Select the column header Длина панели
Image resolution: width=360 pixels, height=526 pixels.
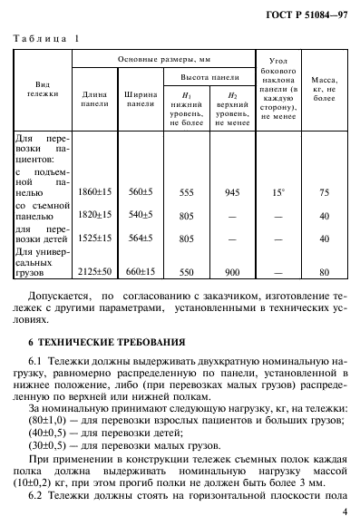95,98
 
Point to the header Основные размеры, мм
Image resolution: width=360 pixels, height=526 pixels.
162,59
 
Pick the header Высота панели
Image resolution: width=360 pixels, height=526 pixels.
209,78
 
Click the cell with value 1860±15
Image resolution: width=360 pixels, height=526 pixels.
95,192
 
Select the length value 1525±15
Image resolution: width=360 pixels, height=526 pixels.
95,239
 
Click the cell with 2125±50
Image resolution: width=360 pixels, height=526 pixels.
95,271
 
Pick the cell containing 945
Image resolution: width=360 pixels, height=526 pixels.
231,192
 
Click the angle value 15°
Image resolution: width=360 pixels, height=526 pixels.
278,192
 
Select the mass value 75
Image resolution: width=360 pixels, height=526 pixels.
325,192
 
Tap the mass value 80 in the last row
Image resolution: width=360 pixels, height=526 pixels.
325,271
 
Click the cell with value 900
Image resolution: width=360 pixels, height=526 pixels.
231,271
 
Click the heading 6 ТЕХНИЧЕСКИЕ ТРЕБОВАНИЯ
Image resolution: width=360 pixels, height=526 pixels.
106,342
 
